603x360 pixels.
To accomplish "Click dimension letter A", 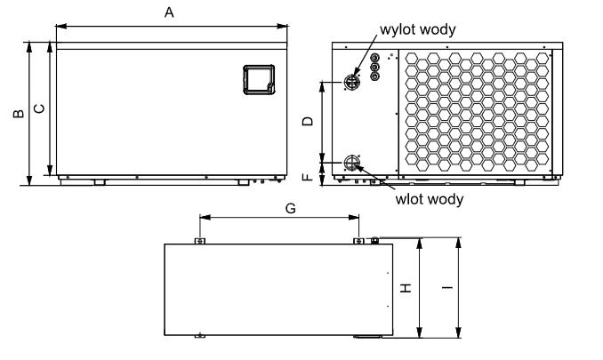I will [x=169, y=12].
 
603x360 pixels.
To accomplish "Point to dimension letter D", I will [x=309, y=121].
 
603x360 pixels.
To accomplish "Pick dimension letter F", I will [x=309, y=176].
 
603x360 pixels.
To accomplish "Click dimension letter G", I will [x=290, y=206].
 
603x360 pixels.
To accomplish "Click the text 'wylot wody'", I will [x=418, y=29].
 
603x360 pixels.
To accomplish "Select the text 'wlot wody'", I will [x=430, y=199].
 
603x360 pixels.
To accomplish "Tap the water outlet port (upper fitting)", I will [x=351, y=82].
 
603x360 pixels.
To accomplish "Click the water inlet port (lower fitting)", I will [x=351, y=163].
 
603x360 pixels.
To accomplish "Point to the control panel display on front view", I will [x=258, y=78].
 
